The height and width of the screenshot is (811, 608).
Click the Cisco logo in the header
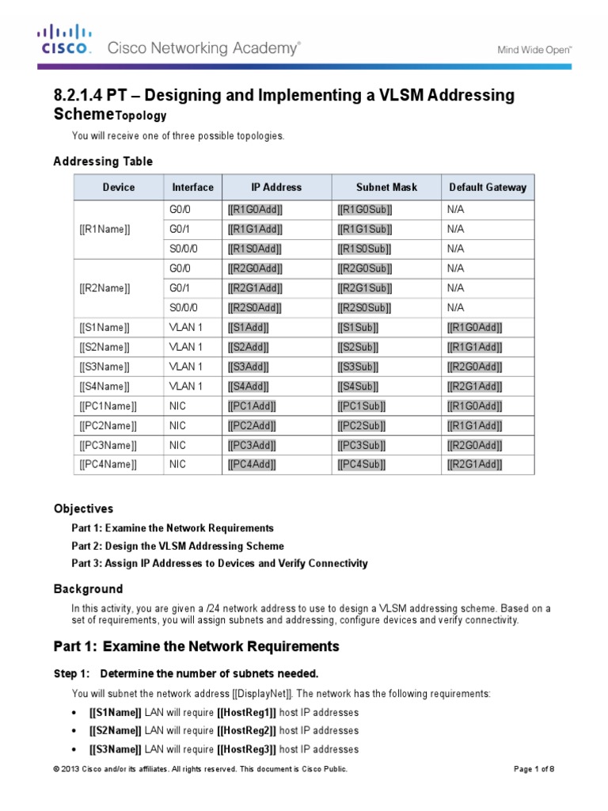[x=66, y=40]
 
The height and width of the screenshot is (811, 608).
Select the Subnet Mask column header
[x=386, y=188]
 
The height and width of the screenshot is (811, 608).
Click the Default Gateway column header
[x=487, y=188]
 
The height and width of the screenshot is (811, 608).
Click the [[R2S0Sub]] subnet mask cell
[x=365, y=307]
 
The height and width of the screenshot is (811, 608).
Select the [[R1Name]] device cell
[x=105, y=229]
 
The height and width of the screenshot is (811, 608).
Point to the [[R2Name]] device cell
[x=105, y=288]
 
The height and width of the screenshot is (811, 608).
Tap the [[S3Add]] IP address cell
[x=248, y=367]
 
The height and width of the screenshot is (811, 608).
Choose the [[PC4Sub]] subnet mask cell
[x=362, y=465]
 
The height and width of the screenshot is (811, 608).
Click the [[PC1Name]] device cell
[x=108, y=406]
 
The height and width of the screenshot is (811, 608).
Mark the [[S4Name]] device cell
[x=105, y=386]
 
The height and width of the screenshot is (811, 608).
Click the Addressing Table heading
[x=103, y=162]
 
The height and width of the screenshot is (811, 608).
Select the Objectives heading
[x=83, y=508]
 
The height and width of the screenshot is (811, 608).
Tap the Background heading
[x=88, y=589]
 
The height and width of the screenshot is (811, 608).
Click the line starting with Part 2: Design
[x=177, y=546]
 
